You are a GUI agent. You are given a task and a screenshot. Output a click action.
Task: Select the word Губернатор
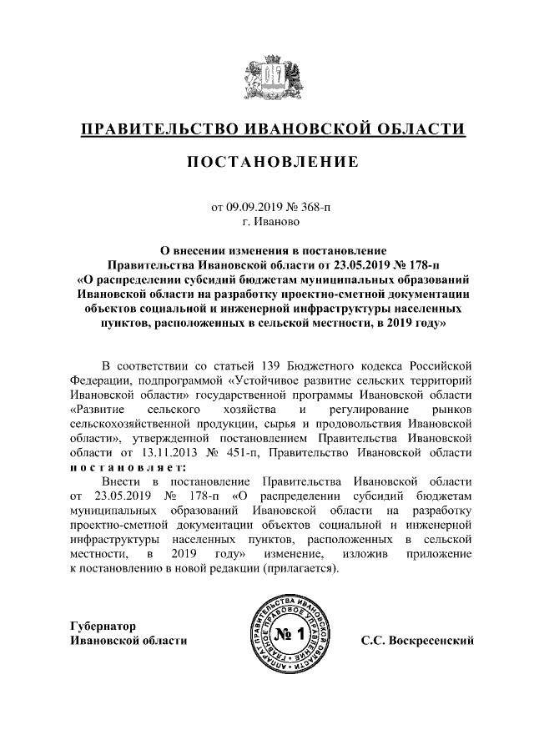pos(102,626)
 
